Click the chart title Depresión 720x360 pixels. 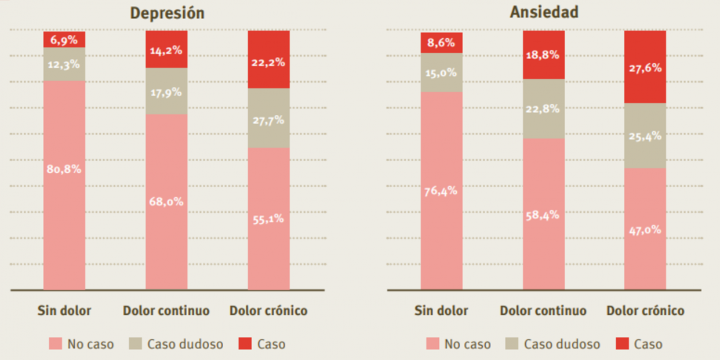coord(167,13)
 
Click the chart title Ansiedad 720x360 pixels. coord(544,12)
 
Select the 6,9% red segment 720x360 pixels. coord(64,39)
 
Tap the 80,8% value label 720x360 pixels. coord(64,169)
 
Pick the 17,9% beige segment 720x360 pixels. coord(166,92)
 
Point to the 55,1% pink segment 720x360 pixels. coord(268,219)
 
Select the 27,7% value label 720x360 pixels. coord(268,121)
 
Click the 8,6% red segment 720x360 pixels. coord(442,42)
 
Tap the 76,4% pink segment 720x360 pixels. coord(442,191)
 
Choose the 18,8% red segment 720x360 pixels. coord(544,55)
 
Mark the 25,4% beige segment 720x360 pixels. coord(645,136)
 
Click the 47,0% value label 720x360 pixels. coord(645,230)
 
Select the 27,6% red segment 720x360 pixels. coord(645,67)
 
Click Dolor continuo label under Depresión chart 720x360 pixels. coord(166,311)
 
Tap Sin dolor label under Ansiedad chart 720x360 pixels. coord(441,311)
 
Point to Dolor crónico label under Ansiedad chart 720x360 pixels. coord(645,311)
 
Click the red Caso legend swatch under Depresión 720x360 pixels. coord(245,344)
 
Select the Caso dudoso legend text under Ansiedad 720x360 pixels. coord(562,344)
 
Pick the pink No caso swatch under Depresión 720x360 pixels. coord(56,344)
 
